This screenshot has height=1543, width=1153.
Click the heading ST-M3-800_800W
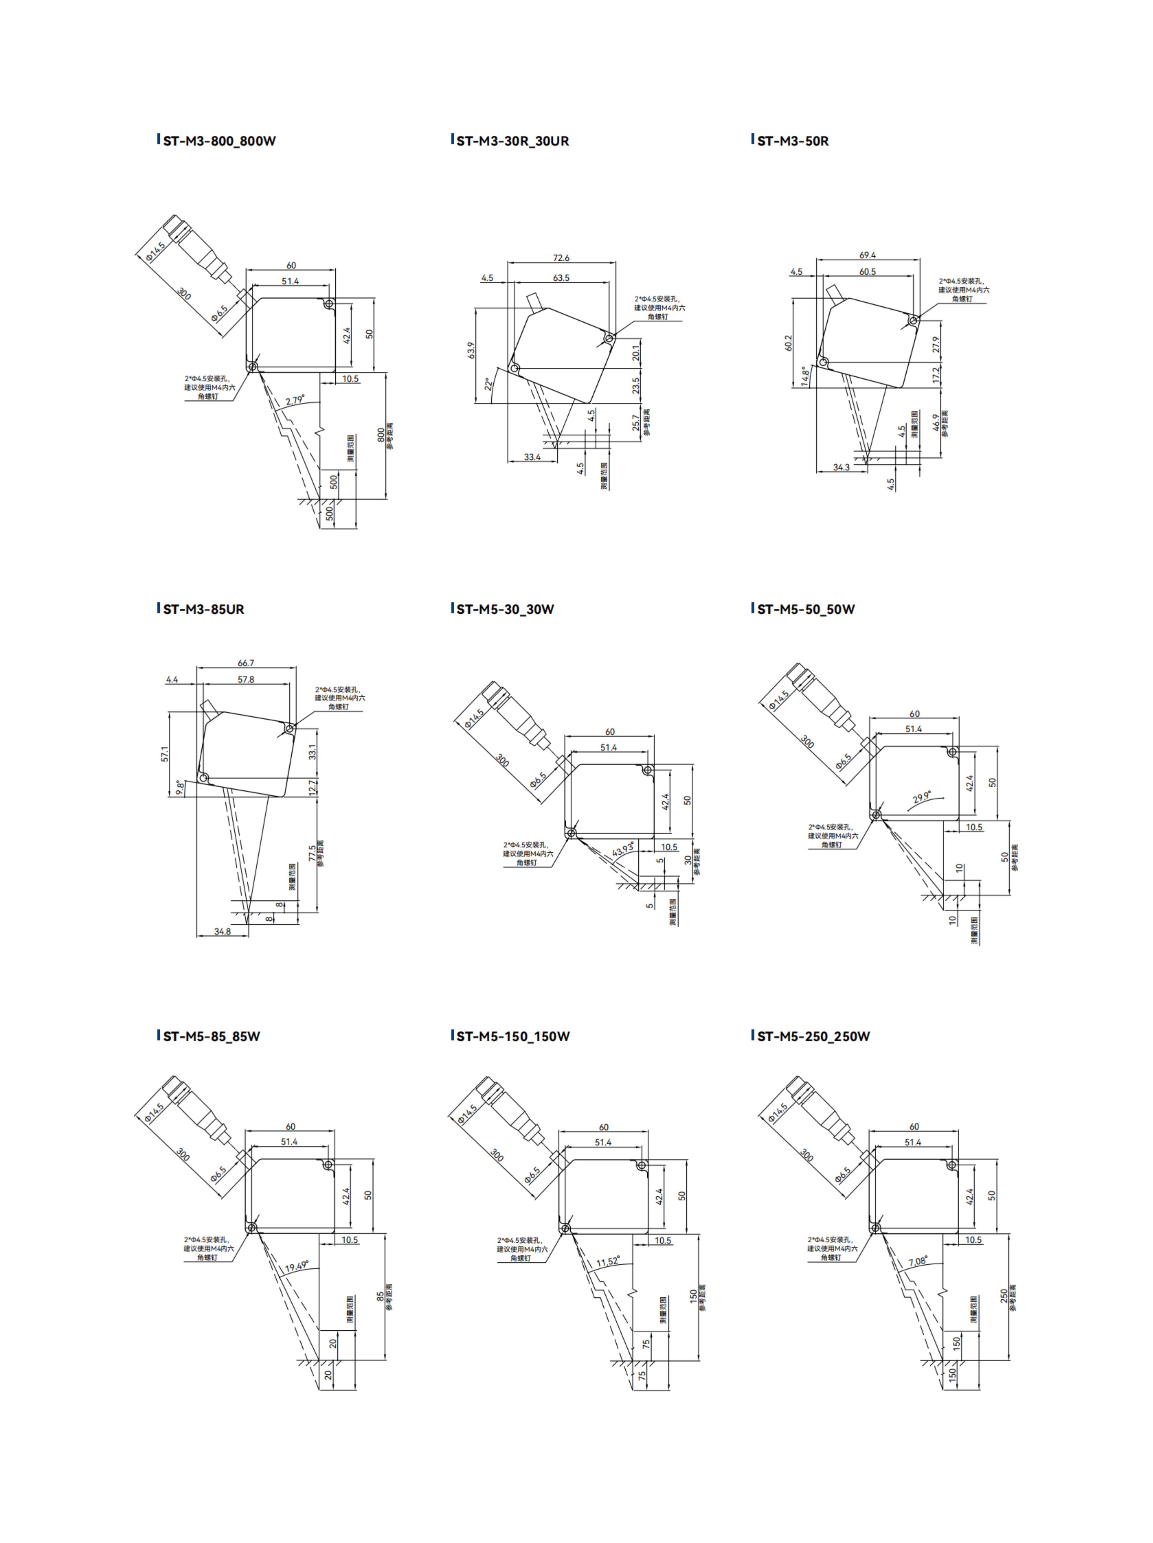click(219, 141)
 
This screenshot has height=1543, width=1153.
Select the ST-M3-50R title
click(792, 141)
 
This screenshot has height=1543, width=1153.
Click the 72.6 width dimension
click(561, 258)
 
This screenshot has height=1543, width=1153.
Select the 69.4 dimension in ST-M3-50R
click(867, 255)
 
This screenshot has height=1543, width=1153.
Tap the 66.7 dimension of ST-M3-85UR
click(246, 663)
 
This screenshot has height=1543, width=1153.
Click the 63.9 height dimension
click(471, 350)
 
